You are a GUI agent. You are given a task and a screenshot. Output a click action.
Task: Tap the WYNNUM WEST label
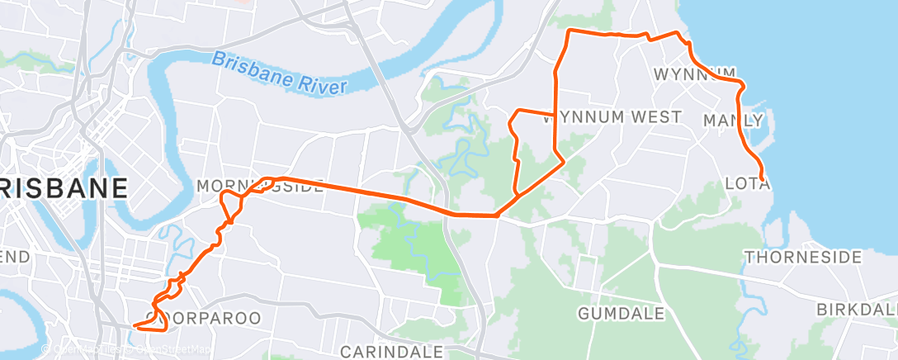pos(612,116)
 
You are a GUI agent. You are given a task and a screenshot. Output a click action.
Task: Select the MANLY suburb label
pos(732,121)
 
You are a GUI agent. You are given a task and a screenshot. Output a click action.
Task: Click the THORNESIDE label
pos(803,258)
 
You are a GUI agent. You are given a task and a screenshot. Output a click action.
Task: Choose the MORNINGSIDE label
pos(260,187)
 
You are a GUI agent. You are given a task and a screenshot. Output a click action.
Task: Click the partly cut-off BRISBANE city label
pos(64,187)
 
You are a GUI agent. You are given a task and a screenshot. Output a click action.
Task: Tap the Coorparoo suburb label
pos(203,317)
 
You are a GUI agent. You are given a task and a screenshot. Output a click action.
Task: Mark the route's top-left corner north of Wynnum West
pos(568,32)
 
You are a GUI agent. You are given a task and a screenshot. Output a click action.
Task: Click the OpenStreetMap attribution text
pos(169,349)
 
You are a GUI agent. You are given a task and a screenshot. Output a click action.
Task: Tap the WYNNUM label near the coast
pos(693,74)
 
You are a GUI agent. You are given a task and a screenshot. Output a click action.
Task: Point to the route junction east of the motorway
pos(498,216)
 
